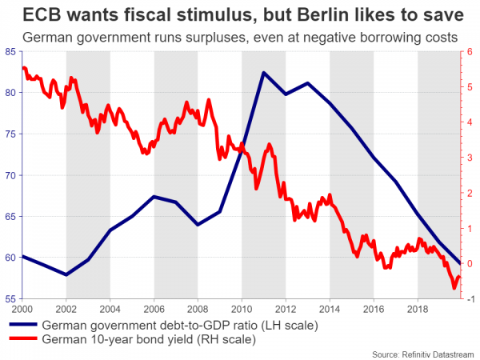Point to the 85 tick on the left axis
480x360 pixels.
(12, 52)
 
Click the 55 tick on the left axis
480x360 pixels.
(12, 299)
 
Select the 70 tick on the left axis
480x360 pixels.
(12, 175)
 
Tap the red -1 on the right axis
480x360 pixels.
(469, 299)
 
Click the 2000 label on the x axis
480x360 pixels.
(22, 309)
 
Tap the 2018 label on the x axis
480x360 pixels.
(418, 309)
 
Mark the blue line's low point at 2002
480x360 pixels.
(66, 274)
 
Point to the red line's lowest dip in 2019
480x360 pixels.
(454, 287)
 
